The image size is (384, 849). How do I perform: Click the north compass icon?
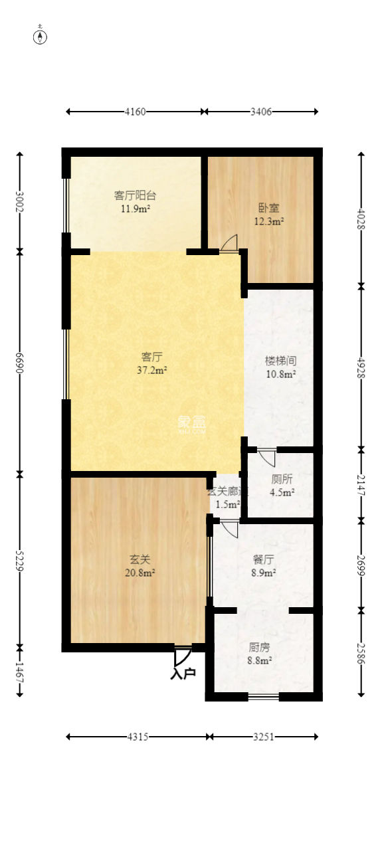41,37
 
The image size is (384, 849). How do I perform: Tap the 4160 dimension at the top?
136,112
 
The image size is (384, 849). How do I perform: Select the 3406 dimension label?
260,112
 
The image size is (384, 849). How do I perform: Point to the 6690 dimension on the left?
20,362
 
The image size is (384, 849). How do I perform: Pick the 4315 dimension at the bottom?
138,736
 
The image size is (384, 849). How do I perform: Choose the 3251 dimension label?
264,736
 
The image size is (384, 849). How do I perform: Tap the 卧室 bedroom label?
268,207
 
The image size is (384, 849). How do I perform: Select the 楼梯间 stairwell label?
280,361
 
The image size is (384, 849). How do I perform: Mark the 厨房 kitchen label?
259,647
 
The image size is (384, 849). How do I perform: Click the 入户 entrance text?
183,674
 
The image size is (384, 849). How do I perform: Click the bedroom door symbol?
229,243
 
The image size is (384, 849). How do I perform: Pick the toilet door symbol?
267,456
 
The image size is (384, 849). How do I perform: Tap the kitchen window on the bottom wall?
264,696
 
